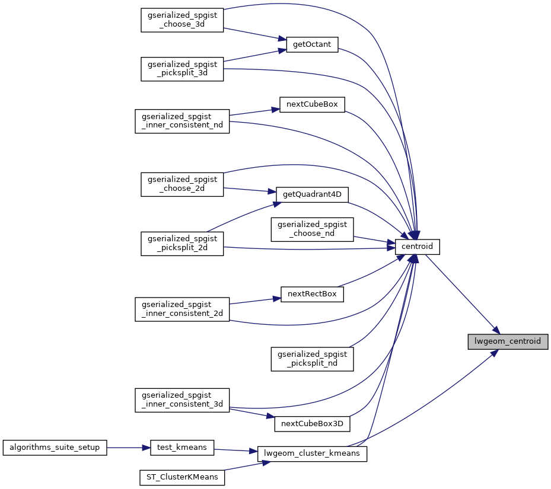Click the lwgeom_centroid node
[507, 342]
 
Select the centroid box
[418, 247]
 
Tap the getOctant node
[312, 45]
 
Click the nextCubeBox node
[312, 104]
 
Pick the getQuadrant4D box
[312, 194]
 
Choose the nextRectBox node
[312, 294]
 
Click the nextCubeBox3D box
[312, 424]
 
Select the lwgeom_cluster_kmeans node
[313, 454]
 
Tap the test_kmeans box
[181, 448]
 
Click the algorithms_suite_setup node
[55, 448]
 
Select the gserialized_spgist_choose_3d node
[181, 20]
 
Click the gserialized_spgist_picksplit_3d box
[181, 69]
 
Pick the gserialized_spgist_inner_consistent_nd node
[181, 121]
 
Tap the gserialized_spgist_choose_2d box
[181, 184]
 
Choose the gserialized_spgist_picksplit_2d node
[181, 244]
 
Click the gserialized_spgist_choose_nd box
[312, 229]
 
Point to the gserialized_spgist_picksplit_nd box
[312, 359]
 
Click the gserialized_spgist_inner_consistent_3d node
[181, 399]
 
